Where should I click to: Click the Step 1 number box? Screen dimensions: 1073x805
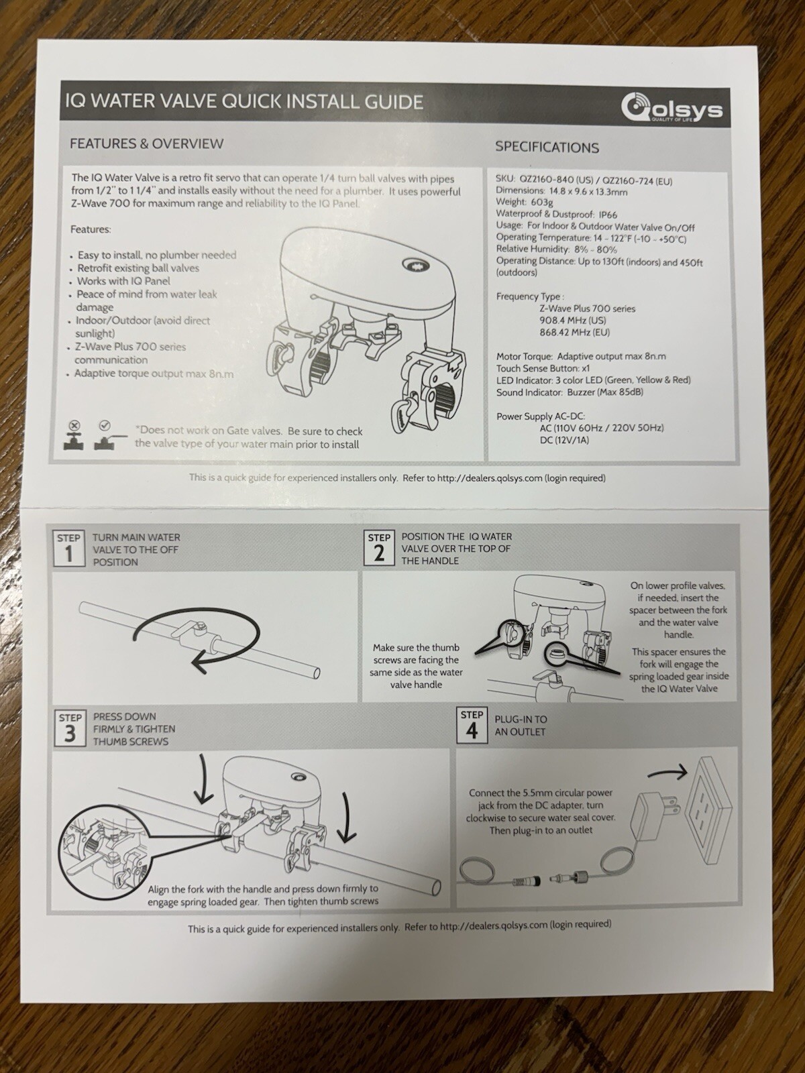tap(69, 549)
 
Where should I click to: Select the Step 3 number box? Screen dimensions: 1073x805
tap(70, 728)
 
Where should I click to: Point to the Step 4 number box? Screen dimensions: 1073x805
tap(472, 725)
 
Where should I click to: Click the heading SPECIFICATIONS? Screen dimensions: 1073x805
tap(547, 148)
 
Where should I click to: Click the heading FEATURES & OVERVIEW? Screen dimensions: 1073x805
tap(146, 144)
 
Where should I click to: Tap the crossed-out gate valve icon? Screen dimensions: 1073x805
tap(74, 437)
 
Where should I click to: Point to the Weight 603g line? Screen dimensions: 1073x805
tap(515, 203)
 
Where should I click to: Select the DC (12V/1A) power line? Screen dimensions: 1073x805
tap(564, 440)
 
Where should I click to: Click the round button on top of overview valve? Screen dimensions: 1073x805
tap(411, 264)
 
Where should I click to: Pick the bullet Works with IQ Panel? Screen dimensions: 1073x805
tap(123, 281)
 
